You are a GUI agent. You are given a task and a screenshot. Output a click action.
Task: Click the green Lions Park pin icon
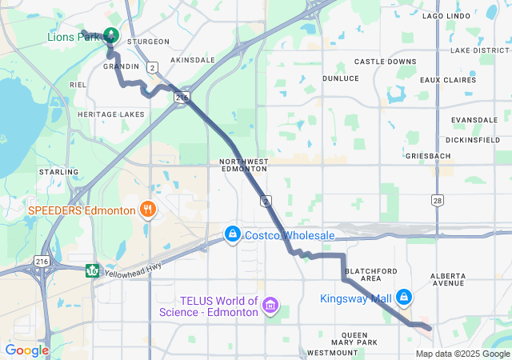click(111, 36)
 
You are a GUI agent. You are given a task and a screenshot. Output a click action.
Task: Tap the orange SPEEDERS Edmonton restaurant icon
click(147, 210)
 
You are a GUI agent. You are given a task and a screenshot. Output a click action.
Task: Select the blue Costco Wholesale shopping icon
click(232, 234)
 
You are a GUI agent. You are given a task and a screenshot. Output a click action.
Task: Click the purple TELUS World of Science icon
click(270, 306)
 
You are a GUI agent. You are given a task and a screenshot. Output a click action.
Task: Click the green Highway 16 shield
click(93, 268)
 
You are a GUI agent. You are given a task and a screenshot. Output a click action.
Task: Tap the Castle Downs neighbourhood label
click(386, 62)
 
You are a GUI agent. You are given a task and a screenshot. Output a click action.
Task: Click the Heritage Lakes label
click(111, 114)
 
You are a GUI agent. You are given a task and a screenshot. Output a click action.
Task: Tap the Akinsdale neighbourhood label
click(194, 60)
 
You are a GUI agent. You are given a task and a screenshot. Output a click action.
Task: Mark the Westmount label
click(326, 353)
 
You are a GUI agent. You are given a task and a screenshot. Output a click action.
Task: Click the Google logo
click(26, 350)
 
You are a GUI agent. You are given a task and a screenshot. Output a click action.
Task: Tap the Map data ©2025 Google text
click(462, 354)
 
